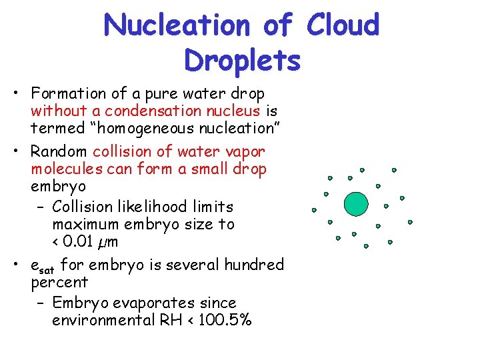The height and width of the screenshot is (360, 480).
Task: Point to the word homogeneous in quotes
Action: pyautogui.click(x=139, y=129)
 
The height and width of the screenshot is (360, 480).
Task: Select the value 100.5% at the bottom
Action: pyautogui.click(x=225, y=321)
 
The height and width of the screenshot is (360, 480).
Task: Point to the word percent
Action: pyautogui.click(x=59, y=283)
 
